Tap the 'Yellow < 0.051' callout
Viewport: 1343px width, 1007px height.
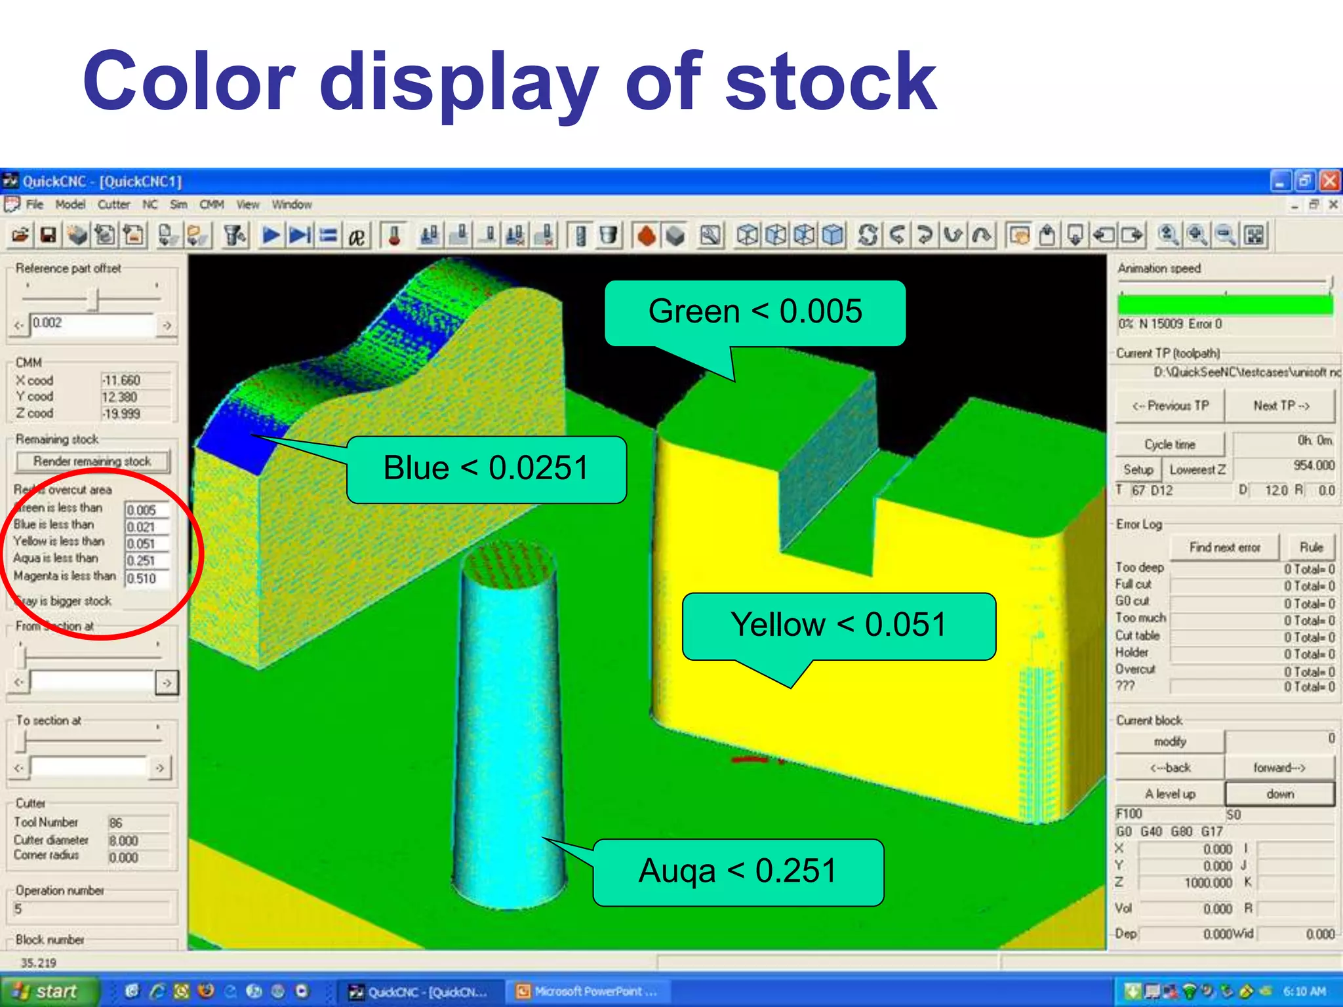839,625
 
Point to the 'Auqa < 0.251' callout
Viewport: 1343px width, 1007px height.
738,872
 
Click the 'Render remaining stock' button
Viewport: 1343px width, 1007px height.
92,462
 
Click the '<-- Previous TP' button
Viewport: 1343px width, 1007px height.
1170,406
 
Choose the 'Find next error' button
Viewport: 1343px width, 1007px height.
1224,547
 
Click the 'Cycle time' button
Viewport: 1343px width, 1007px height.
1170,444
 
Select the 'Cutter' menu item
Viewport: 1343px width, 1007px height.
113,205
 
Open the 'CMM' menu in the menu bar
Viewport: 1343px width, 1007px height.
212,205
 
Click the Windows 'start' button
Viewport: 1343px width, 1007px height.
49,991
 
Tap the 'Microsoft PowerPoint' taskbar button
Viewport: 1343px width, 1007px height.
587,991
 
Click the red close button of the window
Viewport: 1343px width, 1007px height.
1330,181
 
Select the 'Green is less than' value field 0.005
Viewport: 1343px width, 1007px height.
146,510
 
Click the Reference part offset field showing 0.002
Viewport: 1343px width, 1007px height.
92,323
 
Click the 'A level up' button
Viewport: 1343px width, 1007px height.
1170,794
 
